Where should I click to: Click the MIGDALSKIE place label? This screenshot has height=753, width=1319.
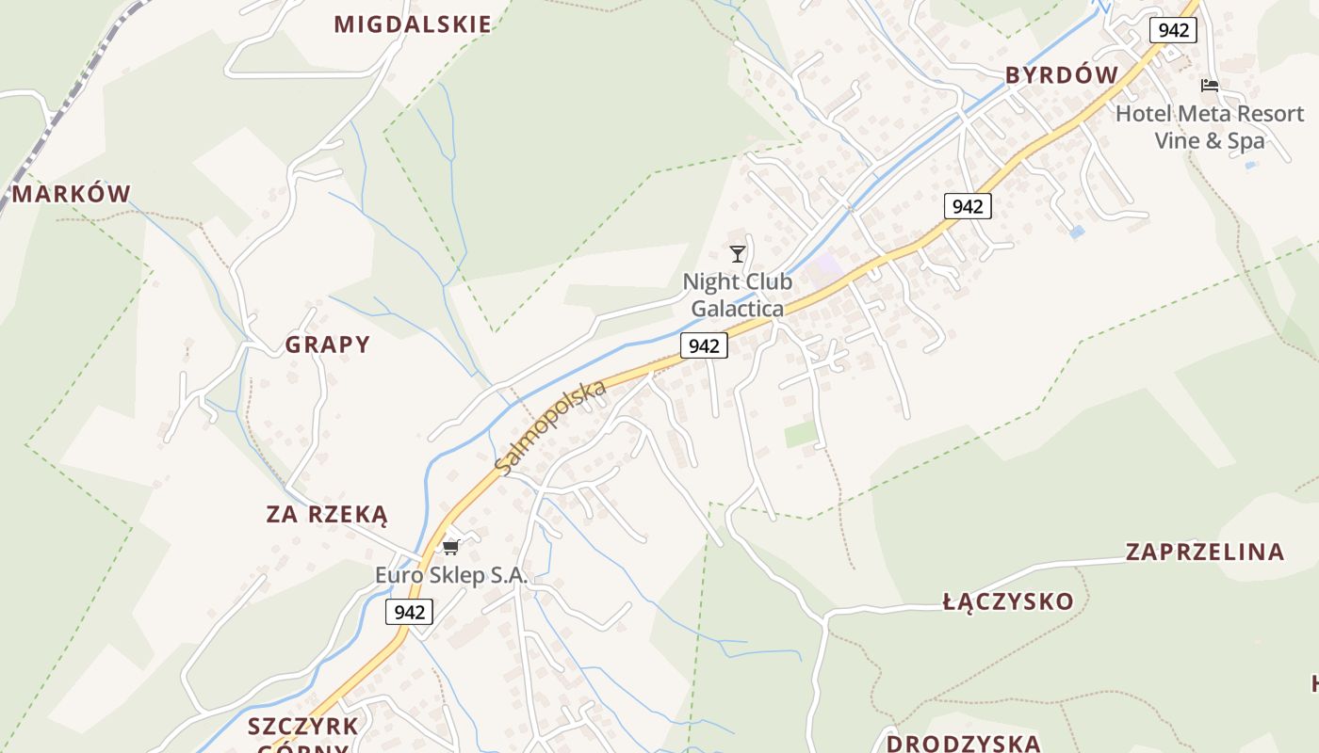point(413,24)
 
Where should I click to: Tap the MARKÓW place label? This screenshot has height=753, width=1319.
point(72,195)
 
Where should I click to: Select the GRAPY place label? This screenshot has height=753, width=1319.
point(328,344)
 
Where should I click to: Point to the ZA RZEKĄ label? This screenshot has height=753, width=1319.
point(327,515)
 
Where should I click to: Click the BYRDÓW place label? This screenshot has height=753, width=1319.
point(1062,75)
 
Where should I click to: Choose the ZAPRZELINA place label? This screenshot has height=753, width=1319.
point(1205,552)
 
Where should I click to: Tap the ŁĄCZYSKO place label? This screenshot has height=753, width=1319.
point(1008,601)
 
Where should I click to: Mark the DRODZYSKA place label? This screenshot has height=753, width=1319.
point(963,743)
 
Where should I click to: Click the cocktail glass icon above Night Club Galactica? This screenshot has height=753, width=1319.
point(738,253)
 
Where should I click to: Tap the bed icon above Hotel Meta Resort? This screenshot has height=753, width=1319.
point(1210,86)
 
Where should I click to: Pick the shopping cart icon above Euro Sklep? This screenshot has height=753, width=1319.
point(450,547)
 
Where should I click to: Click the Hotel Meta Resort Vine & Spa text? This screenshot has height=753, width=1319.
point(1210,127)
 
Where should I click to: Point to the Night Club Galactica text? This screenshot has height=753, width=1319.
point(738,295)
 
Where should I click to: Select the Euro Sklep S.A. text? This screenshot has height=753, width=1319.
point(451,575)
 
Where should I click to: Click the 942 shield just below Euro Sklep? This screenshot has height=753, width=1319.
point(409,612)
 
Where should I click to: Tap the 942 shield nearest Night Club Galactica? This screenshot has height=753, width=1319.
point(704,345)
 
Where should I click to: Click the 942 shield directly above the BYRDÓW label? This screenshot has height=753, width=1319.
point(1173,30)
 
